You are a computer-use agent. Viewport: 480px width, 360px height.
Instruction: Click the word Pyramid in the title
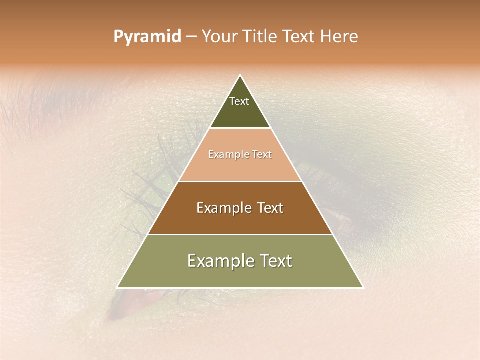coord(147,37)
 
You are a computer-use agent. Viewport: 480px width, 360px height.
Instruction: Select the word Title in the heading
coord(260,37)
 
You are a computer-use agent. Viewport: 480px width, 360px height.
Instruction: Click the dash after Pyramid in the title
coord(191,37)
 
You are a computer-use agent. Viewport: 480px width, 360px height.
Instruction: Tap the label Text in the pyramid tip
coord(239,101)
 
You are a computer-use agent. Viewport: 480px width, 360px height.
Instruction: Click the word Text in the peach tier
coord(262,155)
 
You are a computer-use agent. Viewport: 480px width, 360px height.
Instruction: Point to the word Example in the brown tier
coord(222,208)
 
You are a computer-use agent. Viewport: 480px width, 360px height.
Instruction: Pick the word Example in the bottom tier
coord(218,261)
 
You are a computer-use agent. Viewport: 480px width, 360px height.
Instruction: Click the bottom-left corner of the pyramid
coord(117,287)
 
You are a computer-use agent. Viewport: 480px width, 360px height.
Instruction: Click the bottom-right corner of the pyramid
coord(363,287)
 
